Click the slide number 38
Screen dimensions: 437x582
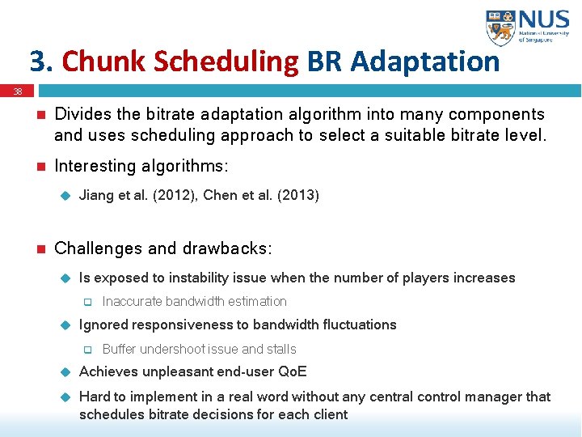pos(17,91)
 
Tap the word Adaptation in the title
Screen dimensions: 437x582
pos(425,62)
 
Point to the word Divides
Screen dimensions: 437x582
pos(82,115)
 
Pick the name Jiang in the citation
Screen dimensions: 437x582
pos(96,195)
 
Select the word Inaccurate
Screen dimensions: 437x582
pos(132,302)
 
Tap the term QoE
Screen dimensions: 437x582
pos(292,372)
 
